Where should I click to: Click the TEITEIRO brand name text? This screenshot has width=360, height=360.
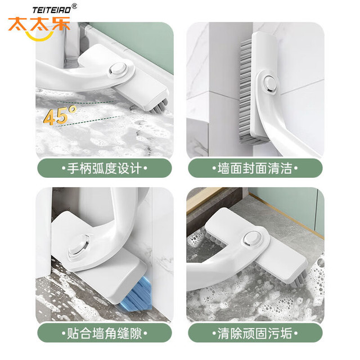(52, 10)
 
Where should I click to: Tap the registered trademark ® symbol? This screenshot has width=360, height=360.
(75, 6)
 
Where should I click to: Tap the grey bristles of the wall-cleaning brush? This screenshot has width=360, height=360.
(246, 92)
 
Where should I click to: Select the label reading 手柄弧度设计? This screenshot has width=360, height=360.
(105, 168)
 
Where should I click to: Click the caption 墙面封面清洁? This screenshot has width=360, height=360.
(255, 168)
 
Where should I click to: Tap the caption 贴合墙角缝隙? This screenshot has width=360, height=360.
(105, 333)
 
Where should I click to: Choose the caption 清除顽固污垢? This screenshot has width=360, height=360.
(255, 333)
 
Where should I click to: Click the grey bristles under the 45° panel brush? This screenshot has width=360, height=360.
(159, 107)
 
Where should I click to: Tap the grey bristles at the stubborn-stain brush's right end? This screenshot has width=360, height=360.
(300, 278)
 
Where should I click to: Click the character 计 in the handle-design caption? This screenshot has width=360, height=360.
(136, 168)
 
